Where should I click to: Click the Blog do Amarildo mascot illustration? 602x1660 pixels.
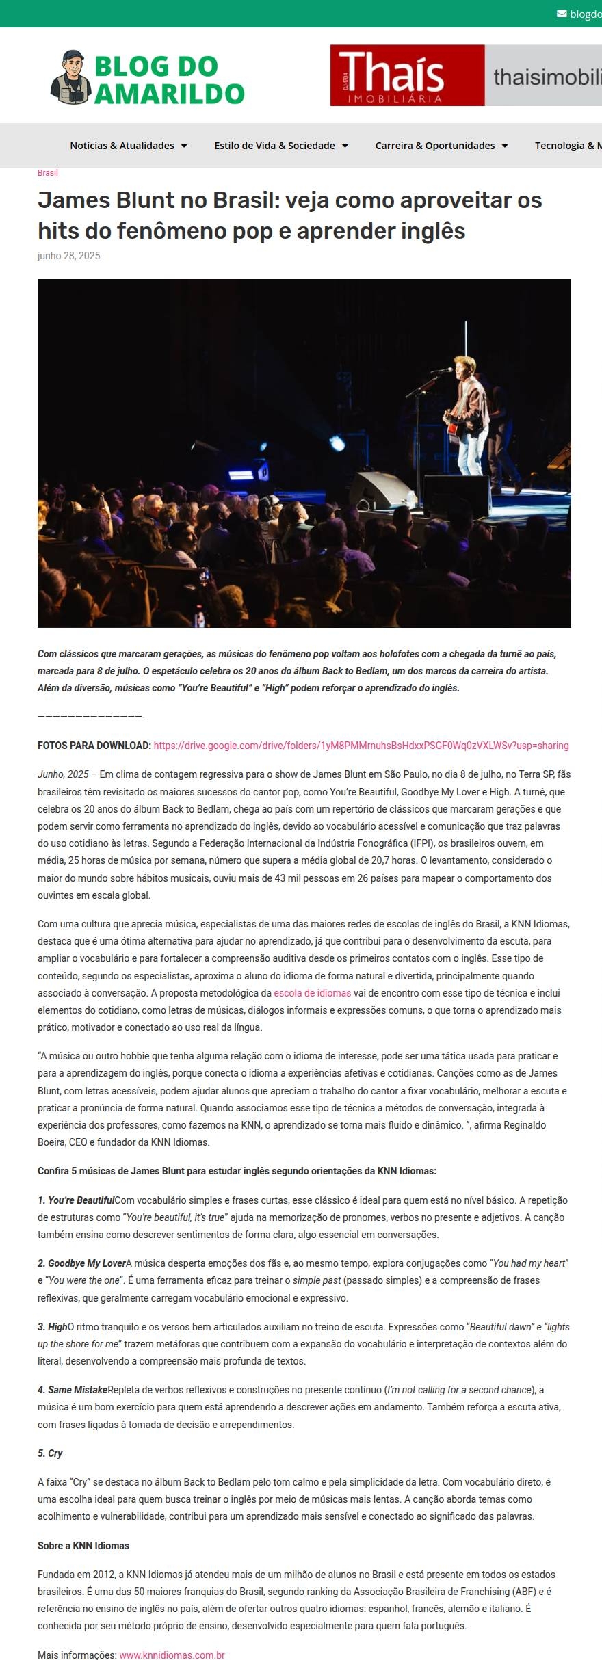(70, 77)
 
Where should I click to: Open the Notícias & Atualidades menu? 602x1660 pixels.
(128, 146)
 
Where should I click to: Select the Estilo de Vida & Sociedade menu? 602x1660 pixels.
(280, 146)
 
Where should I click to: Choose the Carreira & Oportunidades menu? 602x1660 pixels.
(441, 146)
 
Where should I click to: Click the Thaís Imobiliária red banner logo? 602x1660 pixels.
(407, 75)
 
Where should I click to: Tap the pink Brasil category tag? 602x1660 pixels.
(47, 173)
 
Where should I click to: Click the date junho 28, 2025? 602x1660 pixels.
(68, 256)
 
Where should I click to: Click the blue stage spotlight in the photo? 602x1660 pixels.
(337, 443)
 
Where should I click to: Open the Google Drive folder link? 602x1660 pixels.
(361, 746)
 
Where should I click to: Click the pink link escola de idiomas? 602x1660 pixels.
(312, 993)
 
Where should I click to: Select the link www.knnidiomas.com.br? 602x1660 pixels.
(172, 1650)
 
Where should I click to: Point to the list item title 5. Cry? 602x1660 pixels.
(50, 1453)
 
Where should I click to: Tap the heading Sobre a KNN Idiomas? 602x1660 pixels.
(83, 1546)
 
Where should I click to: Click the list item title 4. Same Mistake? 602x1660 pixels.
(73, 1390)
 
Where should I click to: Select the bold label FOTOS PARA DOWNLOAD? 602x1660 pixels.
(94, 746)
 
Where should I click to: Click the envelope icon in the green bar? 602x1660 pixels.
(562, 14)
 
